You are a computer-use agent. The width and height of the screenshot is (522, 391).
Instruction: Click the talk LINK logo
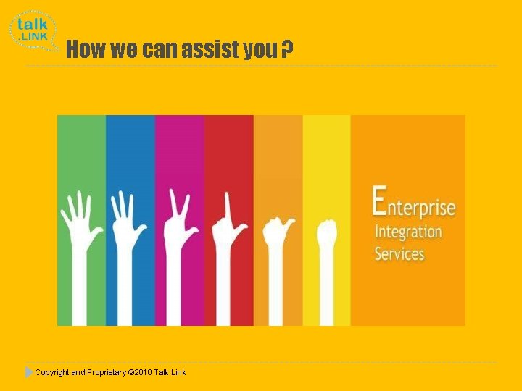click(x=33, y=30)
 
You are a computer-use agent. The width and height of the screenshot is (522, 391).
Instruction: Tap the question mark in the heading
click(x=287, y=49)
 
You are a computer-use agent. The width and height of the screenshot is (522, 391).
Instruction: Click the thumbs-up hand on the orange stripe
click(x=278, y=239)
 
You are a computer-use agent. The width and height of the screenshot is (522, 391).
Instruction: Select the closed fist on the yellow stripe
click(x=327, y=239)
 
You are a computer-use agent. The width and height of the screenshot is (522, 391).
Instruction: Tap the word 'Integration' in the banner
click(x=408, y=232)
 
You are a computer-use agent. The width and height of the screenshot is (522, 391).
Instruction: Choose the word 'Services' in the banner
click(x=399, y=253)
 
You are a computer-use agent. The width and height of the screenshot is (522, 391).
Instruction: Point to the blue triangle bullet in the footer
click(x=28, y=372)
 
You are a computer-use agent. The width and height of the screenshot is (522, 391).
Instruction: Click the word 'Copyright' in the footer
click(x=51, y=372)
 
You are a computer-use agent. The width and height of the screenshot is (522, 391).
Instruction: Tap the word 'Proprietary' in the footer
click(x=106, y=372)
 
